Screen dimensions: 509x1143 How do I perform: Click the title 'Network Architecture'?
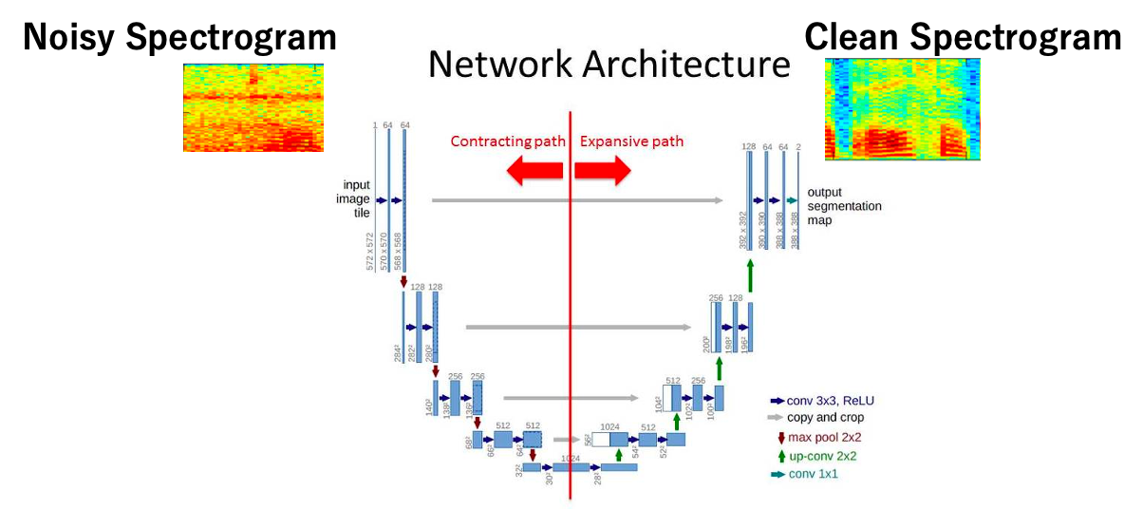[x=609, y=65]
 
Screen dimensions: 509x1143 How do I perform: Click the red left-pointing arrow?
[x=534, y=171]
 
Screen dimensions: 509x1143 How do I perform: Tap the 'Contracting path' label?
[x=508, y=141]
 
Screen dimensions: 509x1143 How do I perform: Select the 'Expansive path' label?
[x=631, y=141]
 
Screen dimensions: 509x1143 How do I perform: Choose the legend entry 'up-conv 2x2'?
[x=816, y=455]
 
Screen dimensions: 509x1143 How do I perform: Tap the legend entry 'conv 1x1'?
[x=807, y=474]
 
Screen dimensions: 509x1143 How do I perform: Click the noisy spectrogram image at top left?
[x=253, y=107]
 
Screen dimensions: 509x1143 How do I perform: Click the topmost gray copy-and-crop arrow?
[x=577, y=200]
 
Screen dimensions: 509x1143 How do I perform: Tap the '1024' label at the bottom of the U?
[x=570, y=458]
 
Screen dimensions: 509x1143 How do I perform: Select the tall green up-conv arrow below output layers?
[x=750, y=275]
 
